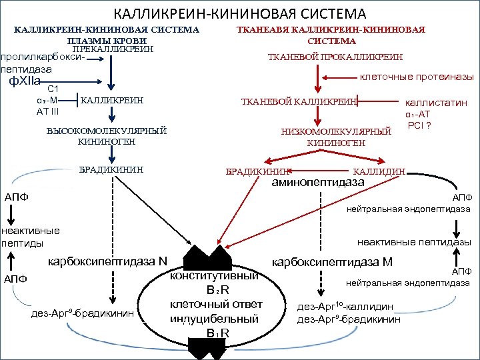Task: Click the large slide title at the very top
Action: tap(240, 13)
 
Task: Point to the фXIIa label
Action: tap(23, 81)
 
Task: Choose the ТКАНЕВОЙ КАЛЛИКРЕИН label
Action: tap(298, 101)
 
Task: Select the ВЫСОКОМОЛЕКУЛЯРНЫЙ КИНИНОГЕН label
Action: tap(107, 136)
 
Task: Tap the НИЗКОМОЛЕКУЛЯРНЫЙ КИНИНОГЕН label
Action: tap(336, 137)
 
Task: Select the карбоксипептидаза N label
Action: tap(107, 260)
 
